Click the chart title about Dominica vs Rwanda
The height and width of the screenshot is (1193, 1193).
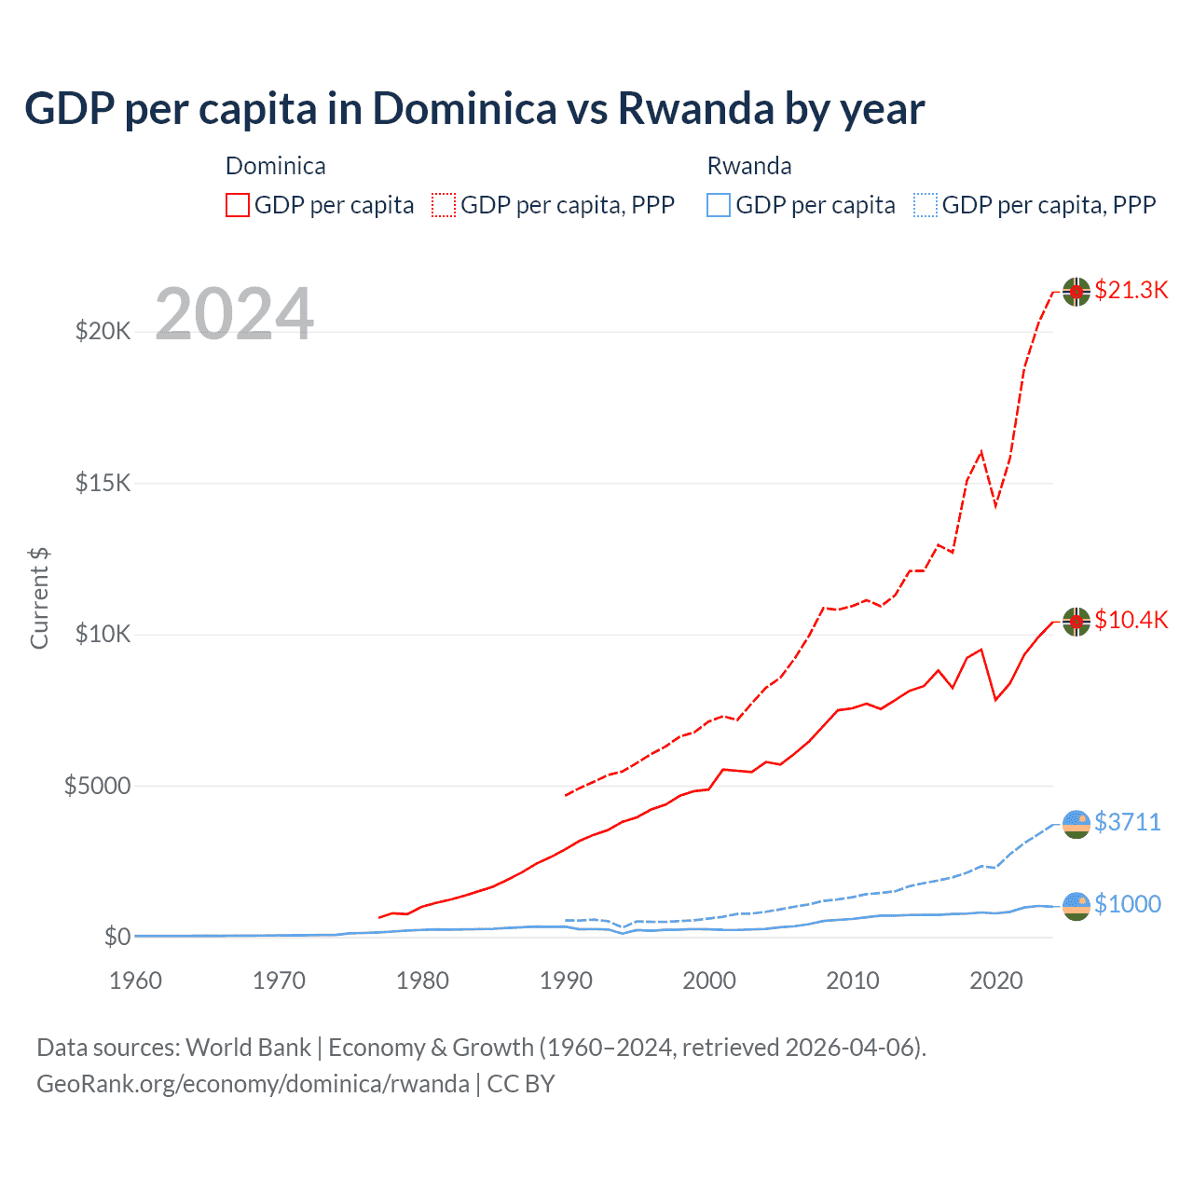pyautogui.click(x=474, y=108)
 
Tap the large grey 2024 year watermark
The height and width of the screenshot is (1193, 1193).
pyautogui.click(x=234, y=314)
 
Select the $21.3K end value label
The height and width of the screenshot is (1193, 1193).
pyautogui.click(x=1131, y=290)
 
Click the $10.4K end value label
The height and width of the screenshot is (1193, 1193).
pyautogui.click(x=1131, y=620)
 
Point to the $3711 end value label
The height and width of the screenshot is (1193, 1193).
pyautogui.click(x=1127, y=822)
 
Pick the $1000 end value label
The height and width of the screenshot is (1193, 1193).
pyautogui.click(x=1127, y=904)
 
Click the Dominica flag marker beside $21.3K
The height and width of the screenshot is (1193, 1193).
pyautogui.click(x=1076, y=292)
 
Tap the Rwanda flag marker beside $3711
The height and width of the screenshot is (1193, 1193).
pyautogui.click(x=1076, y=824)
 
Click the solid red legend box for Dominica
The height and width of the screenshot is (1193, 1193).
pyautogui.click(x=238, y=205)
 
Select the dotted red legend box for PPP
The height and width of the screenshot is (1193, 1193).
pyautogui.click(x=444, y=205)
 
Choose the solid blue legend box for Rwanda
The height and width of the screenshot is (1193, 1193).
pyautogui.click(x=719, y=205)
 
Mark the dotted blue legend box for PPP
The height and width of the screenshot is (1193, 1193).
pyautogui.click(x=926, y=205)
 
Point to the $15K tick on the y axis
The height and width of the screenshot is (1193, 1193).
pyautogui.click(x=103, y=483)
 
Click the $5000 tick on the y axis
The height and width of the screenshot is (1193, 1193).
pyautogui.click(x=97, y=786)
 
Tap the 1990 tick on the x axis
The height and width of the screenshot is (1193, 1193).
pyautogui.click(x=566, y=980)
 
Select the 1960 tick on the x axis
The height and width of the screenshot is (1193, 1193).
pyautogui.click(x=136, y=980)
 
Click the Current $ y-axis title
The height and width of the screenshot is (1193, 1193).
pyautogui.click(x=39, y=598)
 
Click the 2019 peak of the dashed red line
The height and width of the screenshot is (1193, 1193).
pyautogui.click(x=980, y=452)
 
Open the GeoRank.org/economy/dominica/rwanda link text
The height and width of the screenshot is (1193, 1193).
pyautogui.click(x=253, y=1084)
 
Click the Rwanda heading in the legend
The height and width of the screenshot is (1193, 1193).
pyautogui.click(x=749, y=166)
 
